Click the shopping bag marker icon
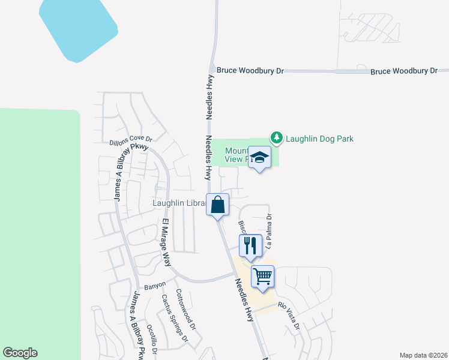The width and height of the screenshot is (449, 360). coord(217,205)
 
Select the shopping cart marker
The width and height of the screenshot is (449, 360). coord(262,276)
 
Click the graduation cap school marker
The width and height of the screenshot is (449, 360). coord(259,157)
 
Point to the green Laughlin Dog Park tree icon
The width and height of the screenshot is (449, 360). coord(276,139)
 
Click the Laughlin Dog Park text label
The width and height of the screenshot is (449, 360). coord(319,139)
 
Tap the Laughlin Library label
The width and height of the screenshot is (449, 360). coord(178,203)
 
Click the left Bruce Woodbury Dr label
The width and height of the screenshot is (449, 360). coord(250,71)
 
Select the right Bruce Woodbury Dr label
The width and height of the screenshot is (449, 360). coord(404,71)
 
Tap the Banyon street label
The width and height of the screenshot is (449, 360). coord(154,286)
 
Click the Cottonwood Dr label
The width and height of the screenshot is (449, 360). coord(185,310)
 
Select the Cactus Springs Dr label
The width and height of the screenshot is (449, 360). coord(175,319)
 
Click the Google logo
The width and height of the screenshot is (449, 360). coord(20,353)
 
